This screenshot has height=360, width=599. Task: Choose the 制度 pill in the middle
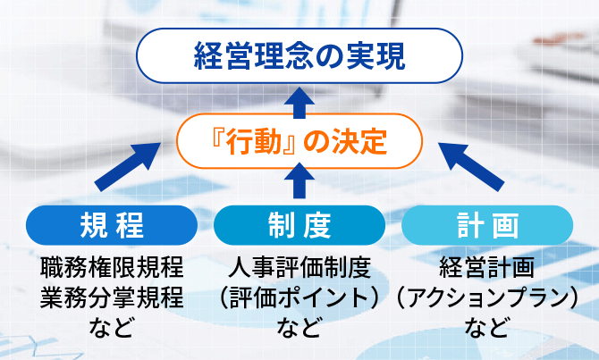coord(299,224)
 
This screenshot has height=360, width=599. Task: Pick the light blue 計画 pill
coord(485,224)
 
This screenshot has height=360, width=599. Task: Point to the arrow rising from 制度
coord(299,183)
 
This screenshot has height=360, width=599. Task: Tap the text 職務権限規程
coord(112,268)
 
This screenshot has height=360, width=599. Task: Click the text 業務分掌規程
coord(112,297)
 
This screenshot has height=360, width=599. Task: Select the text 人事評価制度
coord(299,268)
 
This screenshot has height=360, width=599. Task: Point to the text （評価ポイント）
coord(299,297)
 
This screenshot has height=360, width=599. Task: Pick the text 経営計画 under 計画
coord(486,268)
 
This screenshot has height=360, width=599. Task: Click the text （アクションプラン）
coord(486,297)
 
